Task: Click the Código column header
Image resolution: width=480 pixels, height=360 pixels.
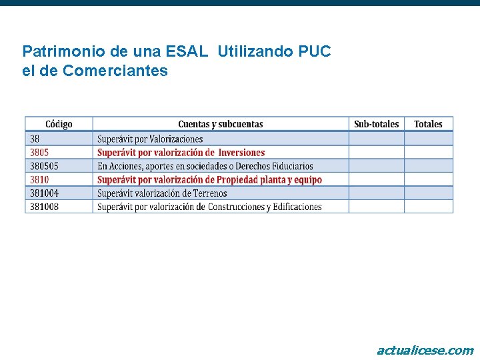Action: pos(59,124)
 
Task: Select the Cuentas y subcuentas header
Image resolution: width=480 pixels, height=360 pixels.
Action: pos(220,124)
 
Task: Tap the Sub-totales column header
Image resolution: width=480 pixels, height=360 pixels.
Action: pos(376,124)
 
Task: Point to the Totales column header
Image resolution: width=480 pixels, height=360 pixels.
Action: pos(428,124)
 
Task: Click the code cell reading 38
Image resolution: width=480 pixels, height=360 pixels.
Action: pos(35,139)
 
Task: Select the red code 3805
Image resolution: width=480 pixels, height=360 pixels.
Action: pos(39,153)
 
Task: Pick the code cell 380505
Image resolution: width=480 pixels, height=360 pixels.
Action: pos(44,166)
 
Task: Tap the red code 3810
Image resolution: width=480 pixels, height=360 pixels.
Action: pos(39,179)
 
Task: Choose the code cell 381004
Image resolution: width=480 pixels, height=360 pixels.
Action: pos(44,193)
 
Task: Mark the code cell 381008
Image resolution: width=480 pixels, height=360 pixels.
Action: pos(44,207)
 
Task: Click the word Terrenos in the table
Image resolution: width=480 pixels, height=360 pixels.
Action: pos(208,193)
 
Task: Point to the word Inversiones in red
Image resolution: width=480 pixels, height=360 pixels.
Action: pos(241,153)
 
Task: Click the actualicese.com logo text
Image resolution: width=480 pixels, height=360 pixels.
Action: pos(425,350)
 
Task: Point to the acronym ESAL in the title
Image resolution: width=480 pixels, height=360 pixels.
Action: pos(192,51)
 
